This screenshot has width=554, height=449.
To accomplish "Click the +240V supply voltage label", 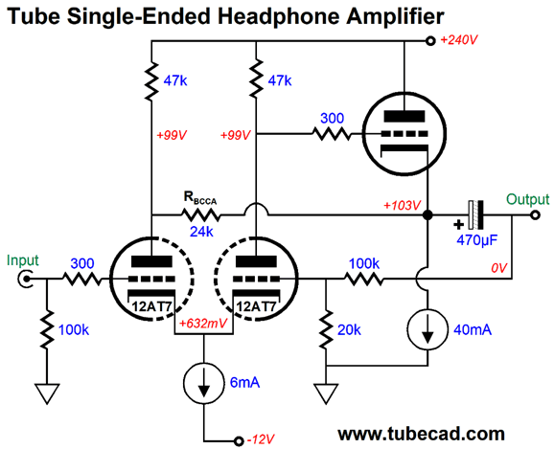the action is [459, 40].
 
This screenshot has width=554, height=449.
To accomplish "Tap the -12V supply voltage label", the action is [261, 439].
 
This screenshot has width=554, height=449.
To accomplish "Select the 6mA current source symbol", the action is [204, 383].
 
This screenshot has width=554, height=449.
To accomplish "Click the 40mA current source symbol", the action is [427, 329].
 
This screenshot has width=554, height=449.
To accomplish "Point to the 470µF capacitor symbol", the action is [475, 214].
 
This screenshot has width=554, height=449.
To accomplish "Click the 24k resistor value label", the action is [201, 232].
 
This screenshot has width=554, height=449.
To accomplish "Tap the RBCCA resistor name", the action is [200, 198].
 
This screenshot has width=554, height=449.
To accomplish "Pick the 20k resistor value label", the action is [349, 329].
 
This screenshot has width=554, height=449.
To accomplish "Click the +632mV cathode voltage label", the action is [203, 324].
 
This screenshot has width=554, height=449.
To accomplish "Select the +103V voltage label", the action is [402, 205].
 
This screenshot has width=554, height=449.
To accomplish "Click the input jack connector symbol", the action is [25, 280].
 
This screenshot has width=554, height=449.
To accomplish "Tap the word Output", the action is [528, 199].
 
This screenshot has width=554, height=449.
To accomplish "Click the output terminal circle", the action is [535, 214].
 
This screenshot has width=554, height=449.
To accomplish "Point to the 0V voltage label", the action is [498, 268].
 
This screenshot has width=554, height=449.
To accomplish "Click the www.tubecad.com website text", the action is [421, 434].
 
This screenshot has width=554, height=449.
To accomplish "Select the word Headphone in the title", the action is [280, 16].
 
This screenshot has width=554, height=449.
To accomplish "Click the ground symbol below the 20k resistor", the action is [326, 393].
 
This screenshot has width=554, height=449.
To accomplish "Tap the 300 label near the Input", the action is [82, 263].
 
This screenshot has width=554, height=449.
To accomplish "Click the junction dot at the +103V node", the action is [427, 214].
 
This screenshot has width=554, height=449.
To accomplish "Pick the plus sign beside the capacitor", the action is [458, 224].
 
